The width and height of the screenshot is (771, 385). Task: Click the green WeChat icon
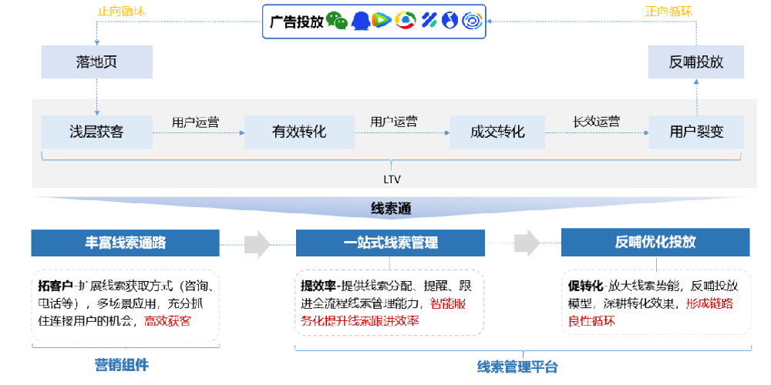click(x=337, y=22)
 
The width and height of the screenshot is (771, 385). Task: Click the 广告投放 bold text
click(x=295, y=22)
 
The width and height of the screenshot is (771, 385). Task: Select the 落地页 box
click(x=96, y=62)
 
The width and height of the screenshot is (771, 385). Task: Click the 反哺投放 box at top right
click(x=696, y=62)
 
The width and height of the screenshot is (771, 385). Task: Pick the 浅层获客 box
click(x=96, y=132)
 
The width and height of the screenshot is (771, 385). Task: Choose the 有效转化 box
click(x=298, y=132)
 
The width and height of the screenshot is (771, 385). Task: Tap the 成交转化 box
click(x=497, y=132)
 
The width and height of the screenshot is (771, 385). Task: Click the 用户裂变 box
click(x=696, y=132)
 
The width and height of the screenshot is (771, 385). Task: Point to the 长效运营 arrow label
click(x=596, y=122)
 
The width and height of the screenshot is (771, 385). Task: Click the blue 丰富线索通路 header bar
click(x=126, y=242)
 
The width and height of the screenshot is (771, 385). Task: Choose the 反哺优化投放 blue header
click(x=655, y=242)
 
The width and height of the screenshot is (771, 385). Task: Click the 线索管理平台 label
click(x=517, y=367)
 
